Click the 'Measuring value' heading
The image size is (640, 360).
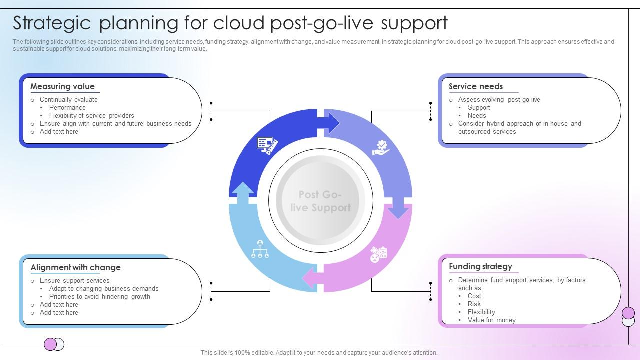62,86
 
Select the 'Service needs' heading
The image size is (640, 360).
475,86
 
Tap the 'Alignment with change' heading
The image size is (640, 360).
75,267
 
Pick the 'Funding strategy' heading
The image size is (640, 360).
480,266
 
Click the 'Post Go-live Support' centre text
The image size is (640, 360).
320,201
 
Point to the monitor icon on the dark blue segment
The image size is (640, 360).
266,145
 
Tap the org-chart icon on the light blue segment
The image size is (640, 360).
260,249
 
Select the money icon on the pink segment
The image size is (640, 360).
378,254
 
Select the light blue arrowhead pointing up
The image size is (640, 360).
243,192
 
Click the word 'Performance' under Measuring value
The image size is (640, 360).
67,107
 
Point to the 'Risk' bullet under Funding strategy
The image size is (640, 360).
474,304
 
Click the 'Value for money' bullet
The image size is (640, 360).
491,320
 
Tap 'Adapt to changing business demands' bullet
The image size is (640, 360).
104,288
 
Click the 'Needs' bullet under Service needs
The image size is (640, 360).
477,115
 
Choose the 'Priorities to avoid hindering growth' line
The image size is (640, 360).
99,296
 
